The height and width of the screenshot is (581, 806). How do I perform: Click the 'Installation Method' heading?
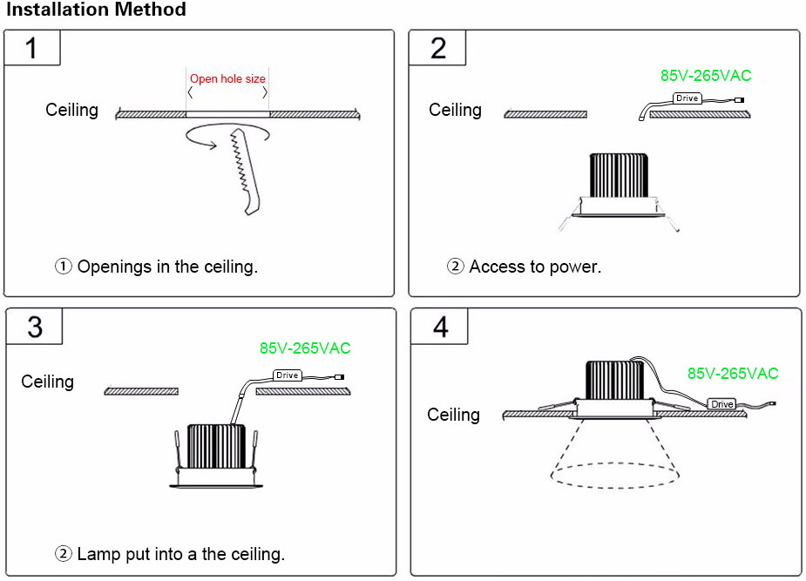[94, 10]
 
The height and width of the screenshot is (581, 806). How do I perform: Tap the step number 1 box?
[32, 47]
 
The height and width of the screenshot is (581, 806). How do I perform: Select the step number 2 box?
[437, 47]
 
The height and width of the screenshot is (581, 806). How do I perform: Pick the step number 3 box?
[35, 326]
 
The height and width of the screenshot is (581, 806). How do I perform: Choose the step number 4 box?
[440, 327]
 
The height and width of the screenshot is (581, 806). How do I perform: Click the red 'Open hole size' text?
[227, 79]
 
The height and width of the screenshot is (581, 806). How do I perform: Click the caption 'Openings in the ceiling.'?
[167, 267]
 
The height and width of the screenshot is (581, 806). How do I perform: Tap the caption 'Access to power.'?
[535, 267]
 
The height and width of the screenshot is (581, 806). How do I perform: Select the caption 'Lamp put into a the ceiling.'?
[180, 554]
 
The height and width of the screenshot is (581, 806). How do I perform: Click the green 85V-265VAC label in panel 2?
[705, 76]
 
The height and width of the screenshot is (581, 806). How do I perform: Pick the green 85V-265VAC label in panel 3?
[305, 348]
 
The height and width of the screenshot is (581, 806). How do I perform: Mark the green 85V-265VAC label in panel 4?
[732, 374]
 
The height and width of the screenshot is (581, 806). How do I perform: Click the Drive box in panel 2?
[687, 98]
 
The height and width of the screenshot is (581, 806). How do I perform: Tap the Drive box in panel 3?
[288, 375]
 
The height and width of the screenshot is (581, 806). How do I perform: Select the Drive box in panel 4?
[721, 404]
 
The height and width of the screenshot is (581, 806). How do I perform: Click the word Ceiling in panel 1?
[71, 110]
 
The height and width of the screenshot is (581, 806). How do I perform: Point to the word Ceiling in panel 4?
[453, 415]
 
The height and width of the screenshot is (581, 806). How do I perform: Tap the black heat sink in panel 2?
[619, 175]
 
